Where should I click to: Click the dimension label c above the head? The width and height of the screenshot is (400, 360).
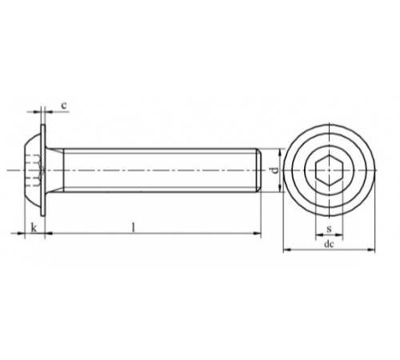point(63,104)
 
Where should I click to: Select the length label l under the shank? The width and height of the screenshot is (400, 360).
point(133,227)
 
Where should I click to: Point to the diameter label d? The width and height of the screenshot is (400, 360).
point(274,170)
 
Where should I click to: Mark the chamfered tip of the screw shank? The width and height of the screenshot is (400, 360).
point(259,170)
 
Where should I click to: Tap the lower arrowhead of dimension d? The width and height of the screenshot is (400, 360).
point(279,190)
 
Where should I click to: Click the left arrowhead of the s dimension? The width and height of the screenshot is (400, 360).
point(318,235)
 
